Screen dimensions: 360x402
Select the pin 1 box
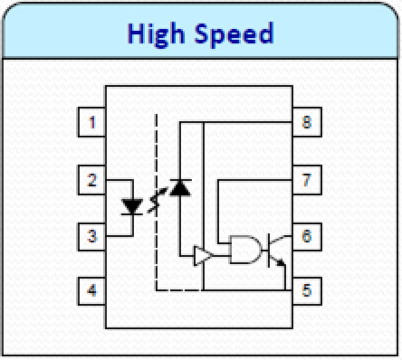(x=92, y=122)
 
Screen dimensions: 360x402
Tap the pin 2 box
(x=92, y=179)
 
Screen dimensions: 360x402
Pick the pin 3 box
(x=92, y=236)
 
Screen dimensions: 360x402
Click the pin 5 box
(x=306, y=291)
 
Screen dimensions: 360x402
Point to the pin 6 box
(x=306, y=236)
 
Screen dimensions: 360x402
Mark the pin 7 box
(x=306, y=179)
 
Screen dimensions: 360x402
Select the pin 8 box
(x=306, y=122)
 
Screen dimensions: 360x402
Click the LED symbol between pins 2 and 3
(x=132, y=206)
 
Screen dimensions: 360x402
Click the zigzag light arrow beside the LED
(x=156, y=204)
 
